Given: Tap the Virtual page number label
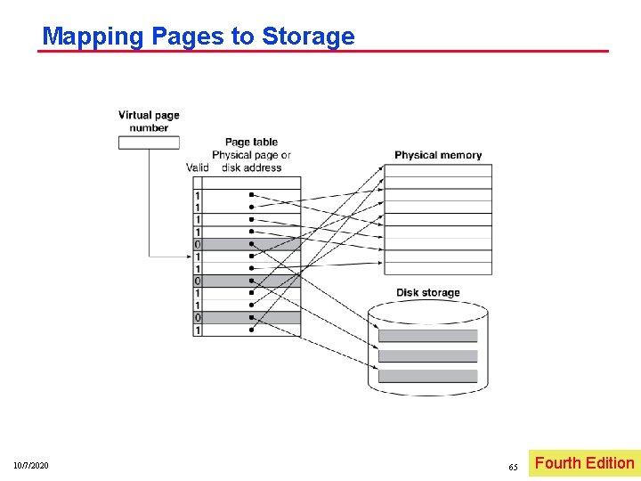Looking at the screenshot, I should [x=149, y=121].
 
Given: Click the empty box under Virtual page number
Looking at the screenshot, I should [x=149, y=143].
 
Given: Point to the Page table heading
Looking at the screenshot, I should [x=251, y=142].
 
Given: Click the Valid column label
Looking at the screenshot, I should [x=198, y=167].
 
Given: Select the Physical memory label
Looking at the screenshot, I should [x=438, y=155].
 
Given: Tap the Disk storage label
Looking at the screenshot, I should [x=428, y=293].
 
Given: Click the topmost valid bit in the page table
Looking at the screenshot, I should [x=198, y=195].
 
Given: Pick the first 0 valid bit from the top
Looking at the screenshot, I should [x=198, y=244].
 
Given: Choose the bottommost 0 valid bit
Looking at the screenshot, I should [x=198, y=318].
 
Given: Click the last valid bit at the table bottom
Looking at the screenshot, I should [x=198, y=330].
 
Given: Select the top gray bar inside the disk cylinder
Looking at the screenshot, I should [x=428, y=336].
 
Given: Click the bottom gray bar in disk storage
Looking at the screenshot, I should [x=428, y=376].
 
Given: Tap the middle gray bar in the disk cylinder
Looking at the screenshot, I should [x=428, y=355].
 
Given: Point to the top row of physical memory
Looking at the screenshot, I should [x=438, y=170].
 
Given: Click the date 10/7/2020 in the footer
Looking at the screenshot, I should [x=31, y=466].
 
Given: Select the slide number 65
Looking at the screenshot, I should [x=513, y=467].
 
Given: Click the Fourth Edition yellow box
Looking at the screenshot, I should [x=584, y=463].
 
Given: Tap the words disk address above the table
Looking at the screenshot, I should [x=252, y=167].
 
